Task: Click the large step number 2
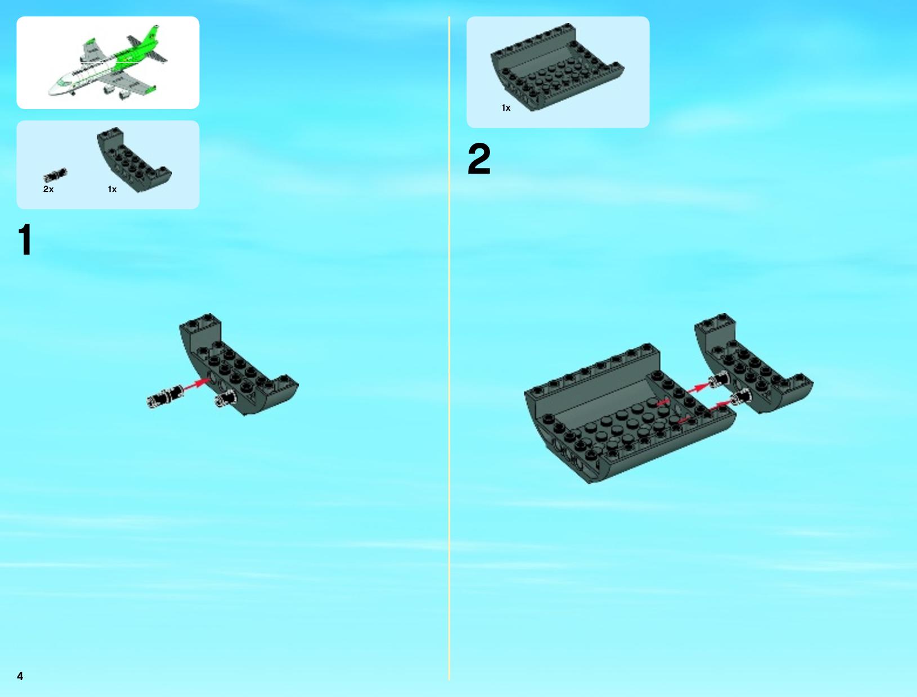[x=479, y=159]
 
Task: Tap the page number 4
[x=20, y=676]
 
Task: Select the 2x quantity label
[x=48, y=189]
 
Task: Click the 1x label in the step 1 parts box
[x=113, y=189]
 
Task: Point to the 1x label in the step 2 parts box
[x=506, y=108]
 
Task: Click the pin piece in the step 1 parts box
[x=55, y=175]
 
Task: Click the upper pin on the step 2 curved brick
[x=718, y=380]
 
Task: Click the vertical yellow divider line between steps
[x=449, y=348]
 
